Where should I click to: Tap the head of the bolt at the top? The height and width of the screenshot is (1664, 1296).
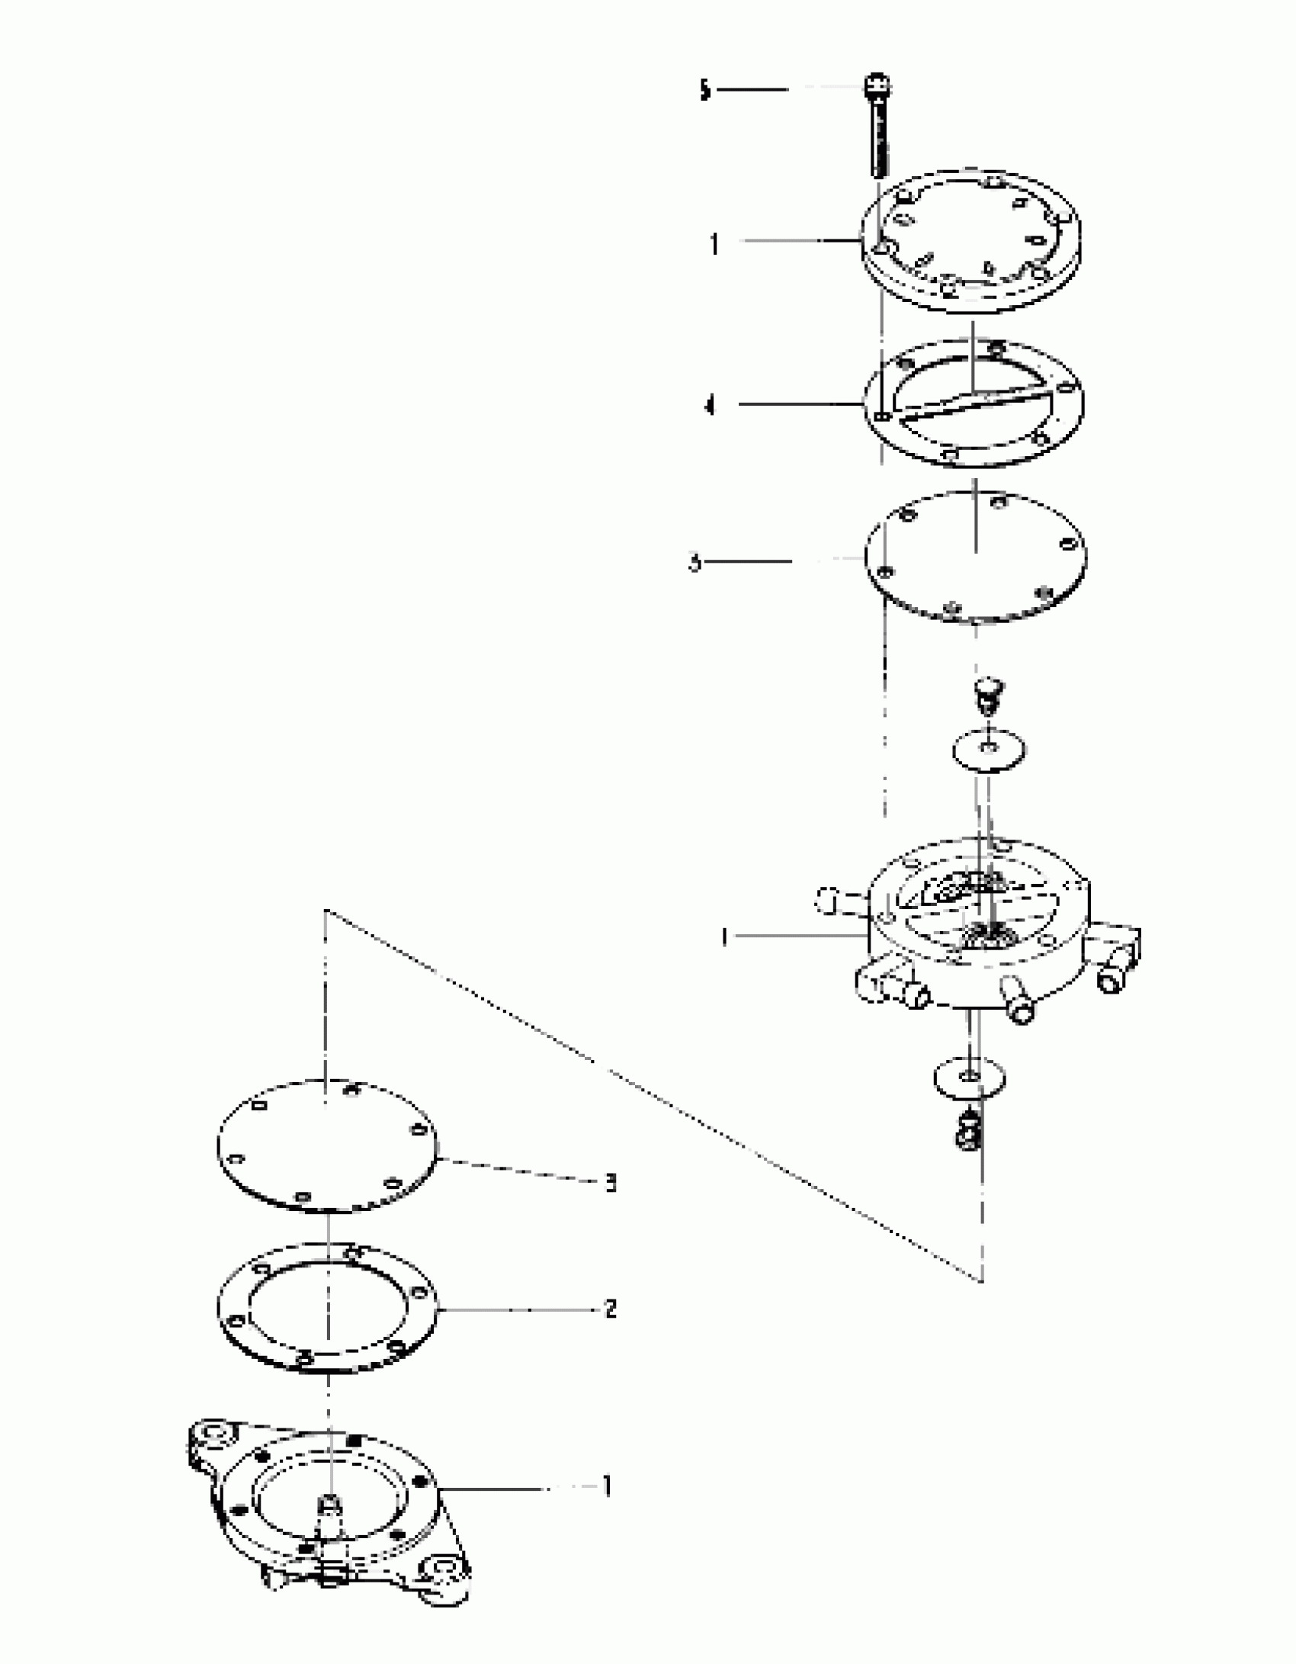pos(878,85)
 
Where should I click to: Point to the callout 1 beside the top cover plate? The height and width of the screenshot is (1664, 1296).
pos(714,245)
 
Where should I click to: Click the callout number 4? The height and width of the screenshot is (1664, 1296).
pos(711,406)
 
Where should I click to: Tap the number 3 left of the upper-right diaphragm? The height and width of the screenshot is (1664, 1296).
pos(695,564)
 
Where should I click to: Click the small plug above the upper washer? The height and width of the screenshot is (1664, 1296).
pos(989,689)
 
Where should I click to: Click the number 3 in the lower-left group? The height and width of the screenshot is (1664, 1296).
pos(611,1184)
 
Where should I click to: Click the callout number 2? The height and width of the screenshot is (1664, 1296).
pos(611,1309)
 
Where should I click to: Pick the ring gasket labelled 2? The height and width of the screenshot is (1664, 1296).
pos(326,1309)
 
